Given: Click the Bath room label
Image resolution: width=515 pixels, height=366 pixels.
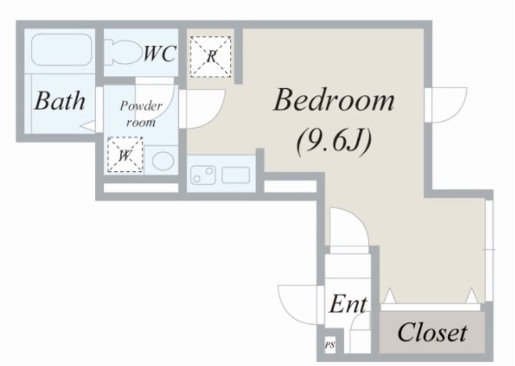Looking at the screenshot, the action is coord(60,100).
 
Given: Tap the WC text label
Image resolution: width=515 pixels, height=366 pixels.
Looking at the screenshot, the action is coord(160,53).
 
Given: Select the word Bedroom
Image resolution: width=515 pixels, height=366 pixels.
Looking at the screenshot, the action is coord(333,100).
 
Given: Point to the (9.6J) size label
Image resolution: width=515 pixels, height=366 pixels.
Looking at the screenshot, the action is coord(333,142).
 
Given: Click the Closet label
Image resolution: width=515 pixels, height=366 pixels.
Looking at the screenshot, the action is coord(432,332).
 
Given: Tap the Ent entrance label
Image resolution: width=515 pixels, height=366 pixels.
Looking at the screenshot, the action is coord(348,304).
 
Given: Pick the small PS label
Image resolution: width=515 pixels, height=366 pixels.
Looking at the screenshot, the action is coord(330,345).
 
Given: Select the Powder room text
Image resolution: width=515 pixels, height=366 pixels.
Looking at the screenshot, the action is coord(141,114).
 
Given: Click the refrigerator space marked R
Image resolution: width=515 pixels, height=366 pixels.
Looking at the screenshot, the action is coord(211,57).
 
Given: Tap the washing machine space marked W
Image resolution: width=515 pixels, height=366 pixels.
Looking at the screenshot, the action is coord(125,154).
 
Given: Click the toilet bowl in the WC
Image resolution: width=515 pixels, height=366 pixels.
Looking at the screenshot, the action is coord(122,53).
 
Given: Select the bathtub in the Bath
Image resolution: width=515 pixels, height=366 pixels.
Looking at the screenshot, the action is coord(61,50).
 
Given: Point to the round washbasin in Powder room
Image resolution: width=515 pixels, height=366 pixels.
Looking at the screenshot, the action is coord(164,161).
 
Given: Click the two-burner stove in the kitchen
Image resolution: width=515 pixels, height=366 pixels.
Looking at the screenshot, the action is coord(203,175).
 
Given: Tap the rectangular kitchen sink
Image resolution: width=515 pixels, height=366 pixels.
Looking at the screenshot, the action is coord(236,176).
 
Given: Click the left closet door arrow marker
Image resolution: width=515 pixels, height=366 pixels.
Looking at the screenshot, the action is coord(390,296).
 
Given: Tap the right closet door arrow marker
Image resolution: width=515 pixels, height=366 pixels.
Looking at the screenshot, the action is coord(472,296).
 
